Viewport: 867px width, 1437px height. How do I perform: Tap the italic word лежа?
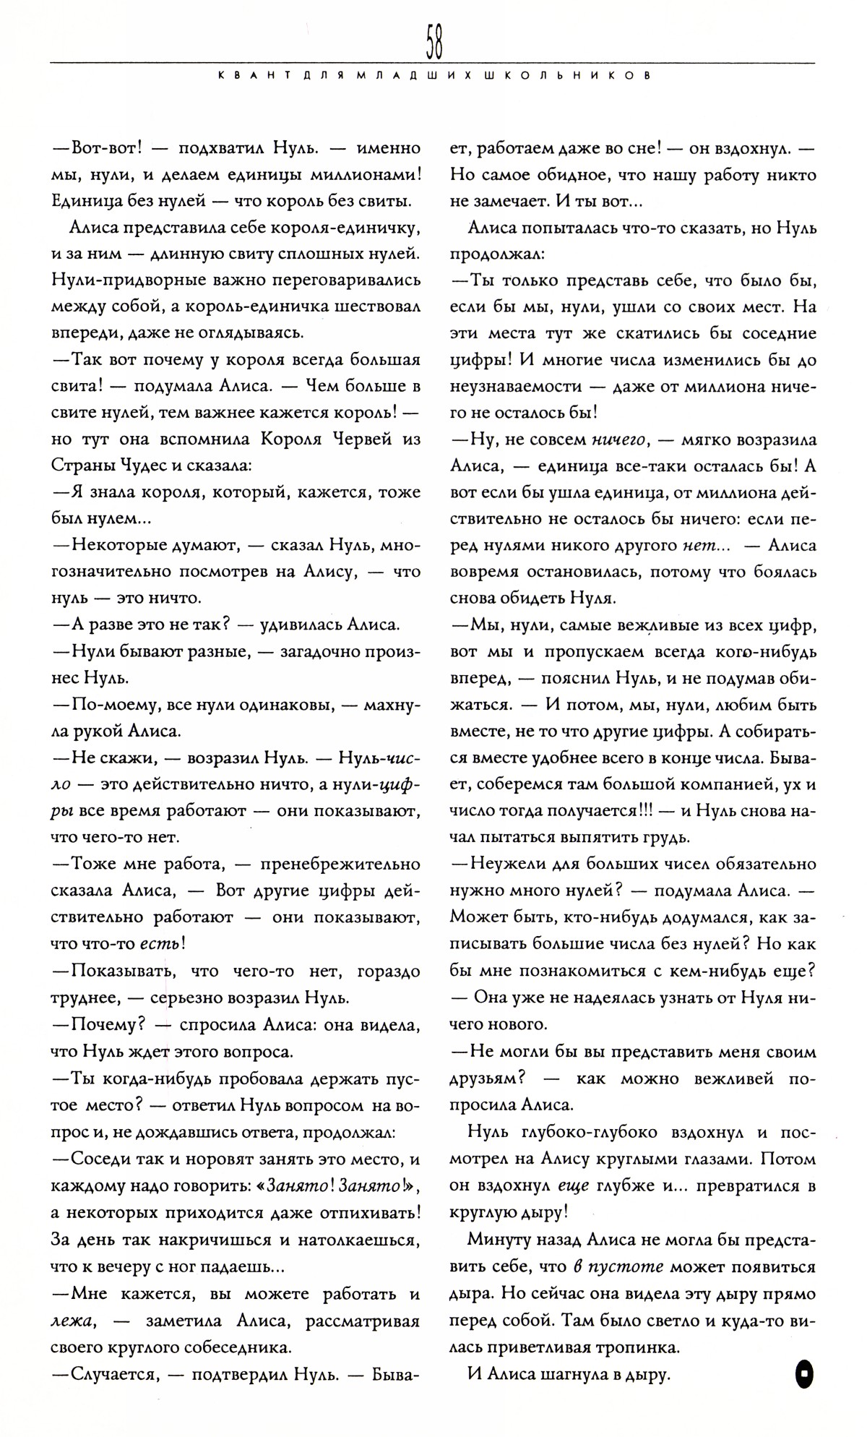(x=76, y=1321)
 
